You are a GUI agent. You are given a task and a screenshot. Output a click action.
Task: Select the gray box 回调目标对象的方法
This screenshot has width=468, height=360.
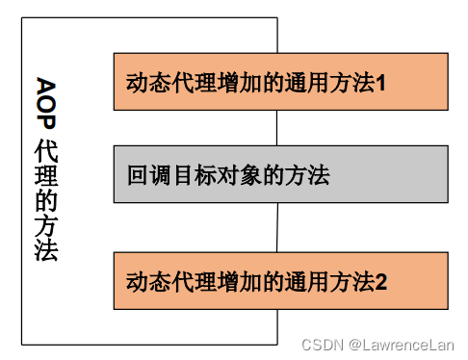pos(280,174)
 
